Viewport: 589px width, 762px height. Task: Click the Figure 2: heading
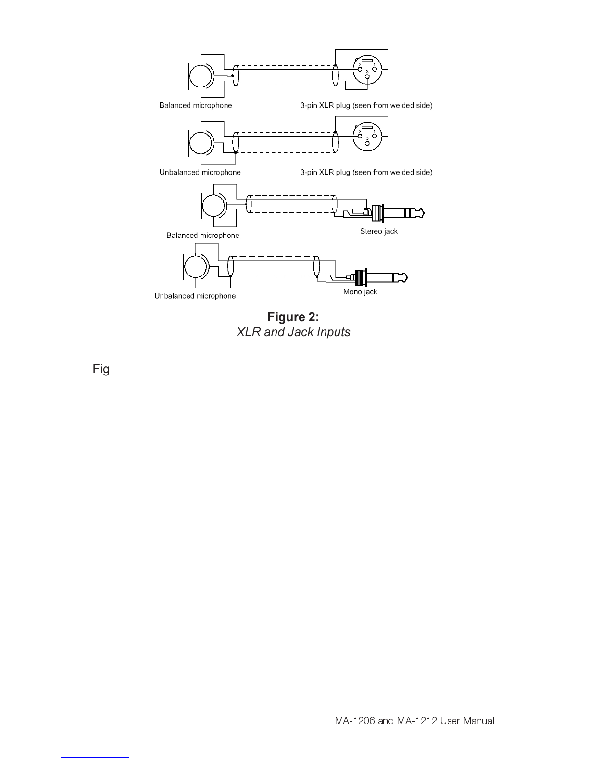click(x=293, y=317)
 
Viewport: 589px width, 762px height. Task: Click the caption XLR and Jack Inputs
click(x=293, y=332)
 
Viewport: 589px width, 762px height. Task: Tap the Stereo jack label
click(x=379, y=231)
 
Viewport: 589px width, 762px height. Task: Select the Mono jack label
click(x=360, y=292)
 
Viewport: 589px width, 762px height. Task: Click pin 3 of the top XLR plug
click(x=367, y=76)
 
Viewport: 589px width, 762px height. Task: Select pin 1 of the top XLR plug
click(x=375, y=69)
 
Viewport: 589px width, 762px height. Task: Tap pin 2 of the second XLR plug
click(x=360, y=136)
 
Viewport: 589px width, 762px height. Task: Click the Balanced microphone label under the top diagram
click(x=196, y=106)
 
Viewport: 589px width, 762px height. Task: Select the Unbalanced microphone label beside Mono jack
click(x=195, y=296)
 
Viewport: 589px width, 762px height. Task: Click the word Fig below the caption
click(x=101, y=370)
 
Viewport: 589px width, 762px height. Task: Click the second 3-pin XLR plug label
click(x=366, y=173)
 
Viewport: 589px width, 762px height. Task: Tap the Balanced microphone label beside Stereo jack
click(x=202, y=236)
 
